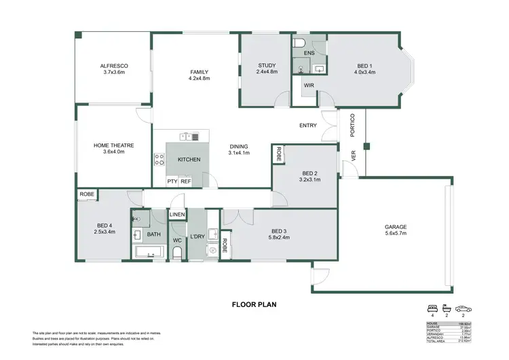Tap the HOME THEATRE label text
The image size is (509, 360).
point(113,149)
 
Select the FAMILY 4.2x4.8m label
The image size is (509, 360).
point(199,75)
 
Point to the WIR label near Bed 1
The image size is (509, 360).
point(309,86)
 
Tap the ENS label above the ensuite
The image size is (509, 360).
point(309,52)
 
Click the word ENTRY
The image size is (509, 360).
point(308,126)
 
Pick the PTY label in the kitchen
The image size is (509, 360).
point(172,181)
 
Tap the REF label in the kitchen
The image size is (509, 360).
point(185,181)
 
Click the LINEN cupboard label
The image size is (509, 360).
point(177,215)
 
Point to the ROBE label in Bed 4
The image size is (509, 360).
point(87,194)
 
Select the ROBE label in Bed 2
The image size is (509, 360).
point(278,154)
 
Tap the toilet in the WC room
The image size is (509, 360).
point(177,253)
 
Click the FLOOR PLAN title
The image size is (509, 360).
point(254,305)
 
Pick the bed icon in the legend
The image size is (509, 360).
point(432,308)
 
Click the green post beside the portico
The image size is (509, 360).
point(365,146)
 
